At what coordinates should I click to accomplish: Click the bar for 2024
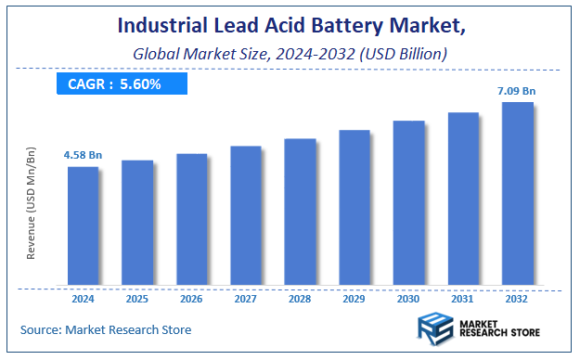tap(83, 225)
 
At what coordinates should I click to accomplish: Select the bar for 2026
tap(191, 219)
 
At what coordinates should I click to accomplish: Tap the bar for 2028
tap(300, 212)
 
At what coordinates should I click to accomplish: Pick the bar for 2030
tap(408, 202)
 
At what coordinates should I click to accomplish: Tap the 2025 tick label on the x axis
tap(137, 300)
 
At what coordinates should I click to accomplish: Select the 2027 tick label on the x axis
tap(246, 300)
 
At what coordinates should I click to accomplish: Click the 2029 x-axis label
tap(354, 300)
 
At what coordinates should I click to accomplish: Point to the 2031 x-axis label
tap(463, 300)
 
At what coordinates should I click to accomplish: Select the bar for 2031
tap(463, 198)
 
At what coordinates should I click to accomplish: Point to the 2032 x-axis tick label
tap(517, 300)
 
